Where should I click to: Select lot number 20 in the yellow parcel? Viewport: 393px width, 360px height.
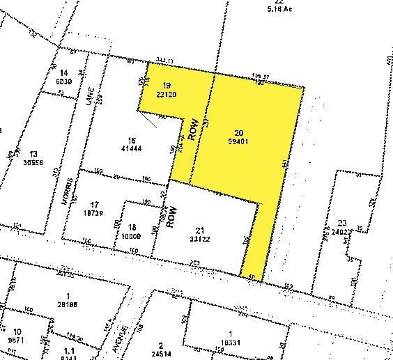(240, 132)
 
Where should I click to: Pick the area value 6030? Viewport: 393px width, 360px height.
(65, 81)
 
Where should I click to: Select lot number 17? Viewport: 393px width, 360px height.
(91, 204)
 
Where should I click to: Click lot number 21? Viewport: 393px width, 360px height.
(201, 231)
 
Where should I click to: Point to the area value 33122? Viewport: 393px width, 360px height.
(202, 240)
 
